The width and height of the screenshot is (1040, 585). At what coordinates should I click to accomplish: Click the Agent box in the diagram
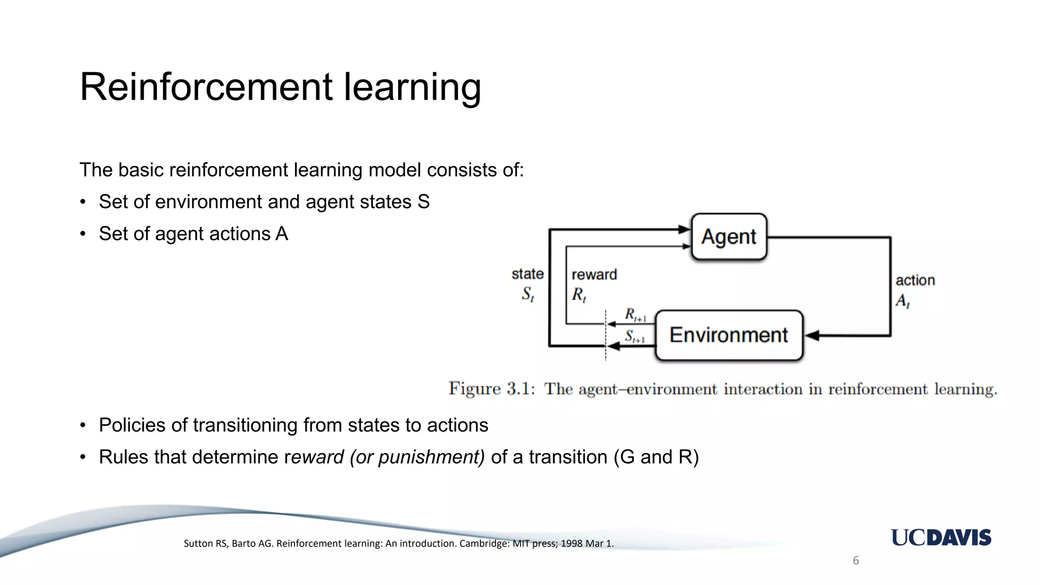729,237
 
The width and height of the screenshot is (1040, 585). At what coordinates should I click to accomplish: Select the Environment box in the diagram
729,335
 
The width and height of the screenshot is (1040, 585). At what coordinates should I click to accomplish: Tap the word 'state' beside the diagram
528,274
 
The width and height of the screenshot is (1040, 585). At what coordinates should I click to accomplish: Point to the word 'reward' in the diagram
594,275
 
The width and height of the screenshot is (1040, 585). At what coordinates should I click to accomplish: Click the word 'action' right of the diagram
915,280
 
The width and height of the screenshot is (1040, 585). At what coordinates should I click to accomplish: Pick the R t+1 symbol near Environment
635,315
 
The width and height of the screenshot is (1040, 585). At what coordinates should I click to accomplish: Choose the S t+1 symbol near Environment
635,337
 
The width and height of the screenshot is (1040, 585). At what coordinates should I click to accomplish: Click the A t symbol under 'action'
902,301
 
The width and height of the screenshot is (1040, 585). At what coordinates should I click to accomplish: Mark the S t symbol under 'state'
528,294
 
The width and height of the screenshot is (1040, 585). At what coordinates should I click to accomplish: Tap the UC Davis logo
941,537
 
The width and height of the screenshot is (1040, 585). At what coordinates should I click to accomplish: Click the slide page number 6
856,561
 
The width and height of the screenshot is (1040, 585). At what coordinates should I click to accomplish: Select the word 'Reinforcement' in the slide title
206,87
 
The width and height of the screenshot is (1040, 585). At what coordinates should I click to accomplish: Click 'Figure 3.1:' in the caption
492,389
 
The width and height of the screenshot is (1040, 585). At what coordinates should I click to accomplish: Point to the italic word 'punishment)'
432,457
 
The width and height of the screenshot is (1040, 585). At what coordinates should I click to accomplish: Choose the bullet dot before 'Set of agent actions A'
83,234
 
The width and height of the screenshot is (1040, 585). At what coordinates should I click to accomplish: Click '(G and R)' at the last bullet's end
656,457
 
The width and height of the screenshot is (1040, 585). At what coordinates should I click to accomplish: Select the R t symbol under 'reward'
579,295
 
